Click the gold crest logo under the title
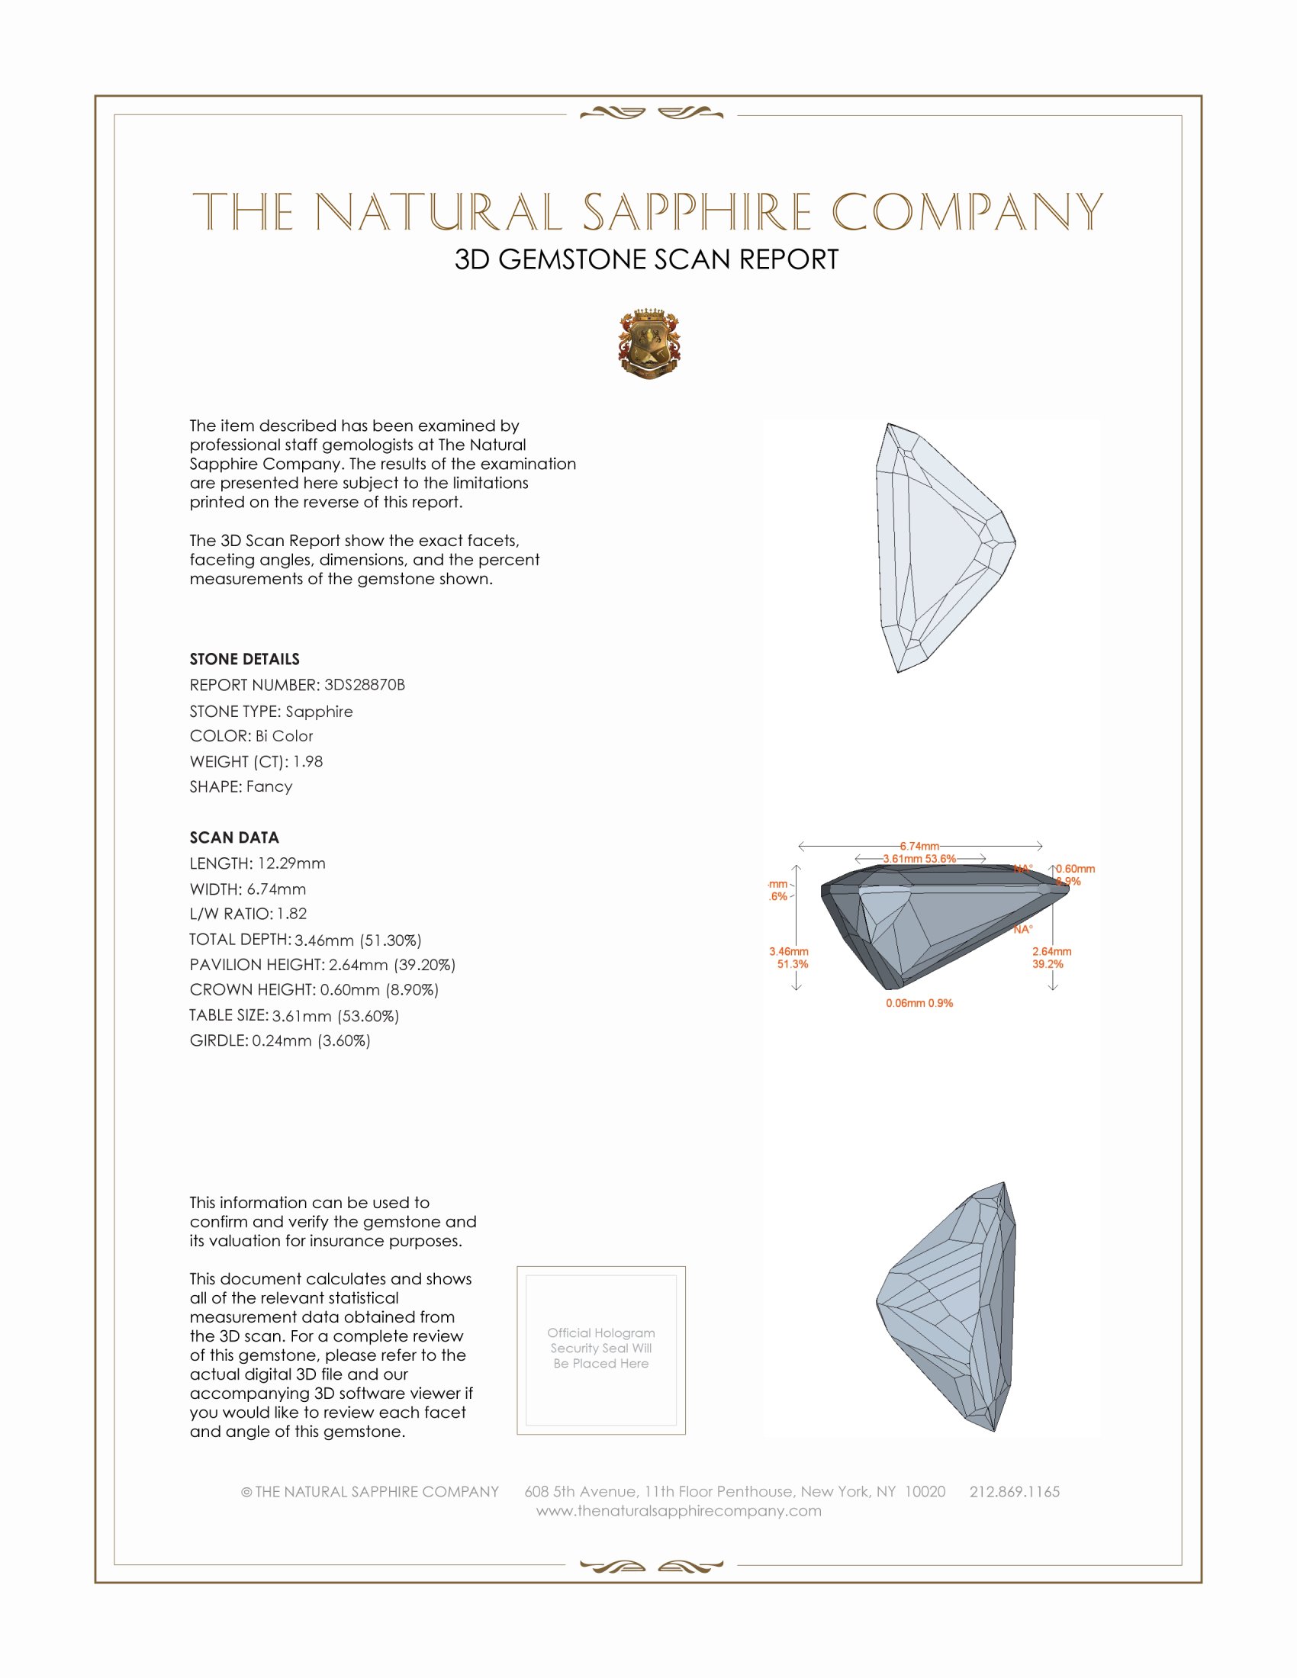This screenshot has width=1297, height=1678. (648, 343)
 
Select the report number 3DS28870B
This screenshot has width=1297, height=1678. (364, 685)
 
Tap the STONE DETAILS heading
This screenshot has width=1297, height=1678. (244, 659)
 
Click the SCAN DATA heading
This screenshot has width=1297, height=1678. (234, 837)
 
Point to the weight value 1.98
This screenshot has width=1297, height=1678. (307, 761)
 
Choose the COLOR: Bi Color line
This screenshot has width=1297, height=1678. (251, 736)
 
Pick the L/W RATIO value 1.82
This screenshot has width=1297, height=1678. (292, 914)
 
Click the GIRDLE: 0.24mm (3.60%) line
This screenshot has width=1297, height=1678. (280, 1040)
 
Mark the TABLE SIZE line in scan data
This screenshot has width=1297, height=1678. (294, 1016)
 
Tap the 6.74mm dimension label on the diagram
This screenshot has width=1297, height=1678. (919, 846)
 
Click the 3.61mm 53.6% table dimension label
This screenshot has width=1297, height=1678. (919, 859)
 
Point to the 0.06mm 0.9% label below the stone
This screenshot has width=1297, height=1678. (919, 1004)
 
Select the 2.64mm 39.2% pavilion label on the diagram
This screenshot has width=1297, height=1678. (1051, 957)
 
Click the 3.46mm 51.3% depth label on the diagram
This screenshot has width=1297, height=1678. (789, 957)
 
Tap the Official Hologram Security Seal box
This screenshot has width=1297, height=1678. (601, 1350)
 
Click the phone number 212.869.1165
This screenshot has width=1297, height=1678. (1014, 1491)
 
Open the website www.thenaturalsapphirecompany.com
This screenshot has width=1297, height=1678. (678, 1510)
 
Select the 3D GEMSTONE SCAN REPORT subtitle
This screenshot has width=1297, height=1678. (646, 259)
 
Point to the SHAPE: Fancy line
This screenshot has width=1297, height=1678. (241, 787)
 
